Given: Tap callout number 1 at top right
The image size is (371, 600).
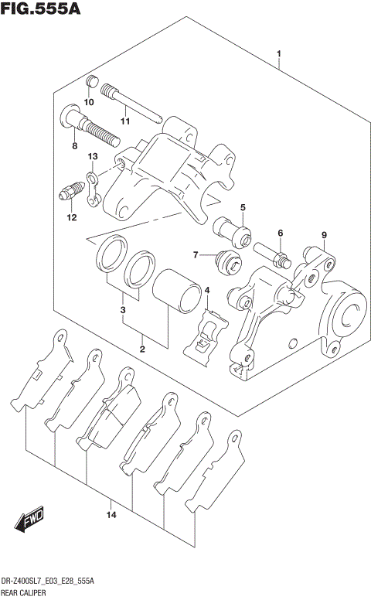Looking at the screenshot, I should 279,54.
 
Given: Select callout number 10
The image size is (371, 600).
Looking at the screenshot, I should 89,102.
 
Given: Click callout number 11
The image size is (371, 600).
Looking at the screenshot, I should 124,121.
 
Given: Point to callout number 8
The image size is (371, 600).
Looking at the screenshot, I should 74,145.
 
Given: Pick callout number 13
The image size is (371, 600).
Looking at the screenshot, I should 93,157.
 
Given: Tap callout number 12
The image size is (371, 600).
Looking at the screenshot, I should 71,218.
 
